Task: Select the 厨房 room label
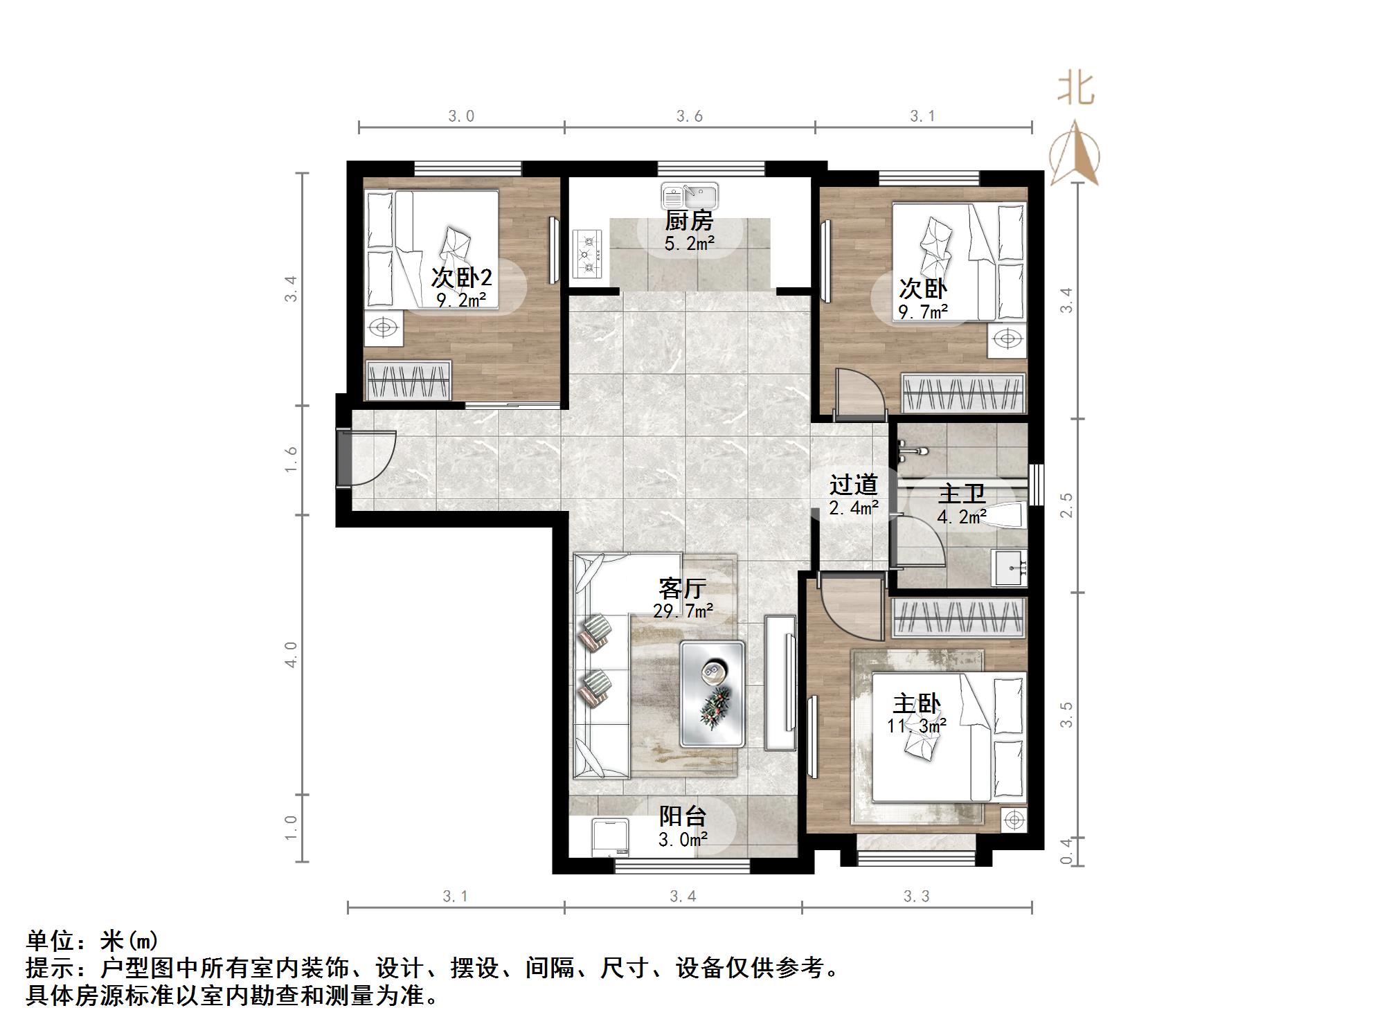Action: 688,222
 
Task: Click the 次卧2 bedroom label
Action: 461,278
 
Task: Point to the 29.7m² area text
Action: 683,611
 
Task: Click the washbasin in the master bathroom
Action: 1009,567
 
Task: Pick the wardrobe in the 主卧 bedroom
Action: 958,617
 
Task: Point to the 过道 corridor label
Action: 854,485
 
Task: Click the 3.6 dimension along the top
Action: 690,116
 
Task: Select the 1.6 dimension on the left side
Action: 291,460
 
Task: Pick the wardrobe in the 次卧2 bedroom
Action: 409,380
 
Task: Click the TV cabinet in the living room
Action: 780,683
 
